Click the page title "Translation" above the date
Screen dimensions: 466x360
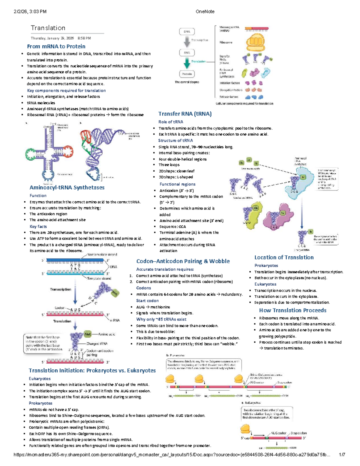pos(48,28)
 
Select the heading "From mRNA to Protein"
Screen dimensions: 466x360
pos(56,47)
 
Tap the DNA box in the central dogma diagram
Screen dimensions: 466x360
pos(187,32)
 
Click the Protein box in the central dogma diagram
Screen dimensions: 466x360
pos(187,74)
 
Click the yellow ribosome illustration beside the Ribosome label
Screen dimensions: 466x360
pos(256,42)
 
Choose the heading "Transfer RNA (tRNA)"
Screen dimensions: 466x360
pos(185,114)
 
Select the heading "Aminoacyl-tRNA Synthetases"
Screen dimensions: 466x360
pos(67,188)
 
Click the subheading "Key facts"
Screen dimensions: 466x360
pos(38,227)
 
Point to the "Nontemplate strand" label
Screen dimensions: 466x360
pos(102,254)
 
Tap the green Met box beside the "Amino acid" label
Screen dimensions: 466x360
pos(87,334)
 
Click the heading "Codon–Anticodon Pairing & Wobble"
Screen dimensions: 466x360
pos(183,261)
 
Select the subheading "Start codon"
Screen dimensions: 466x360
pos(147,301)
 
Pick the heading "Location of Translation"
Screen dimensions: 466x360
pos(284,257)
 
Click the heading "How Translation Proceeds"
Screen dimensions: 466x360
pos(292,311)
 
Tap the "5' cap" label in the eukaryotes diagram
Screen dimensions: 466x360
pos(245,438)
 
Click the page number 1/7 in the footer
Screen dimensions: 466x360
pos(342,455)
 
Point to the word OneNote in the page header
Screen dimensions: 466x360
pos(205,12)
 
